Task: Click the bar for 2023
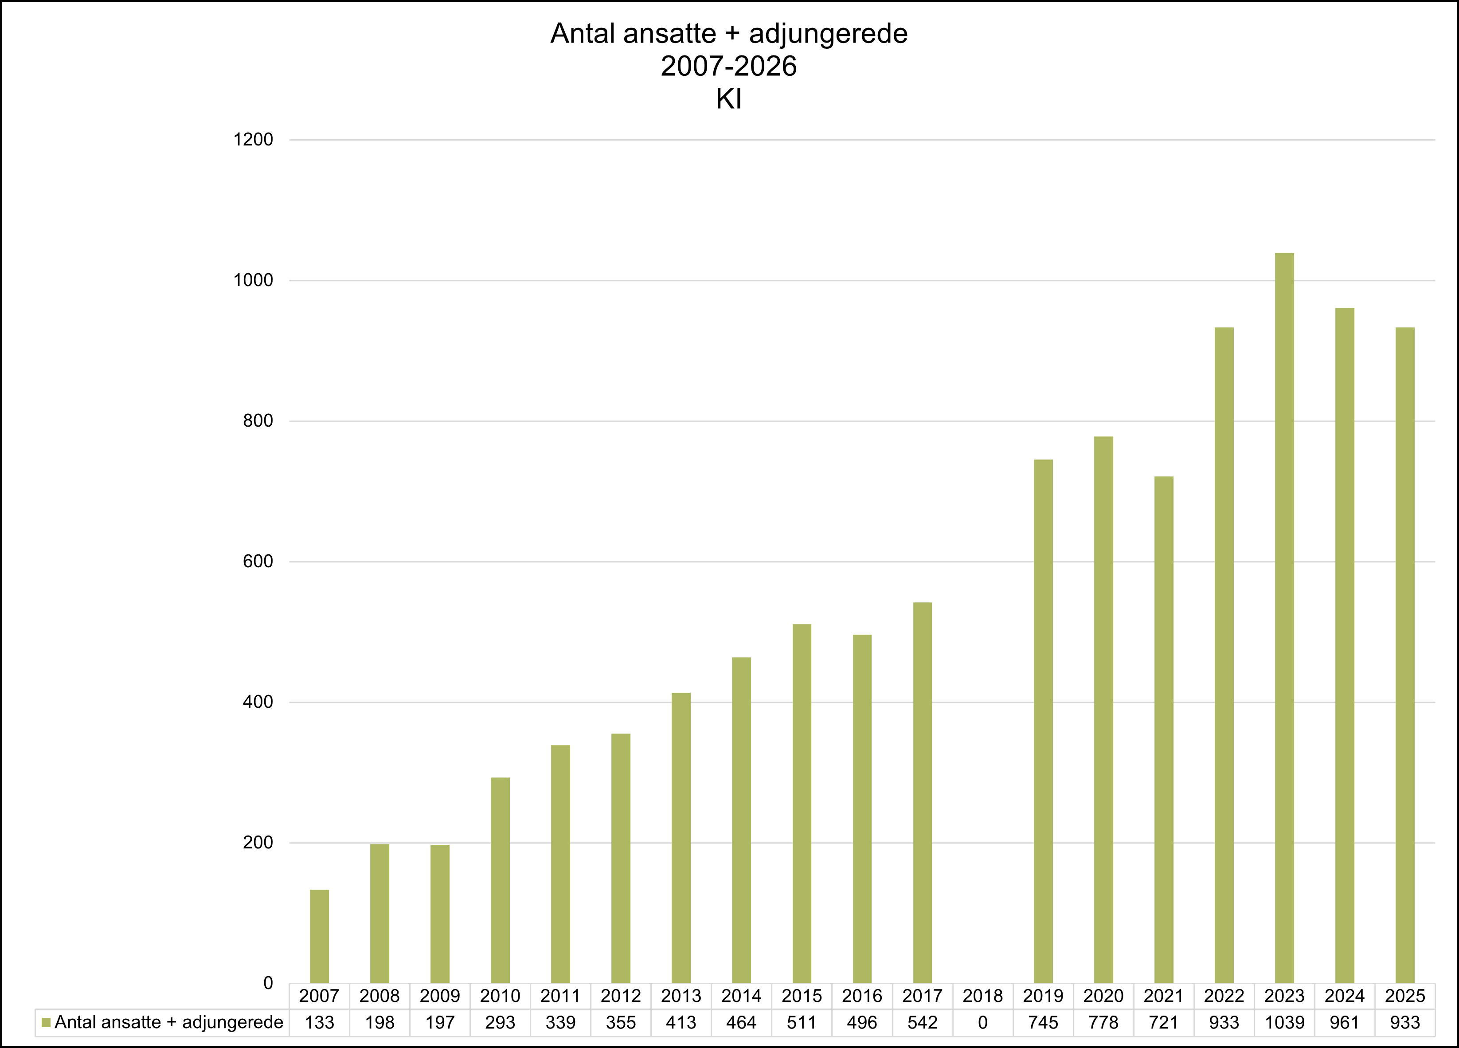point(1284,618)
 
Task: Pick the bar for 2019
point(1043,721)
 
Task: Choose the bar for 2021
point(1163,730)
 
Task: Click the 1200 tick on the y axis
point(253,140)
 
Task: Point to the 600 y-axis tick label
point(257,561)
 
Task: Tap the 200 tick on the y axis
point(257,843)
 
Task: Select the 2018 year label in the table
point(982,996)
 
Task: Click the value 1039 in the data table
point(1284,1022)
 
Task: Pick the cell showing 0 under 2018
point(982,1022)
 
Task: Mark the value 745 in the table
point(1043,1022)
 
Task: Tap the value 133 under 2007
point(319,1022)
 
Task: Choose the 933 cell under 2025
point(1404,1022)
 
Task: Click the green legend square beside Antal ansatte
point(46,1022)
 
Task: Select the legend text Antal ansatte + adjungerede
point(168,1022)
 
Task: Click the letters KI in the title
point(729,100)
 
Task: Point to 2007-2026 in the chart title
point(729,67)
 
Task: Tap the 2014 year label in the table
point(741,996)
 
